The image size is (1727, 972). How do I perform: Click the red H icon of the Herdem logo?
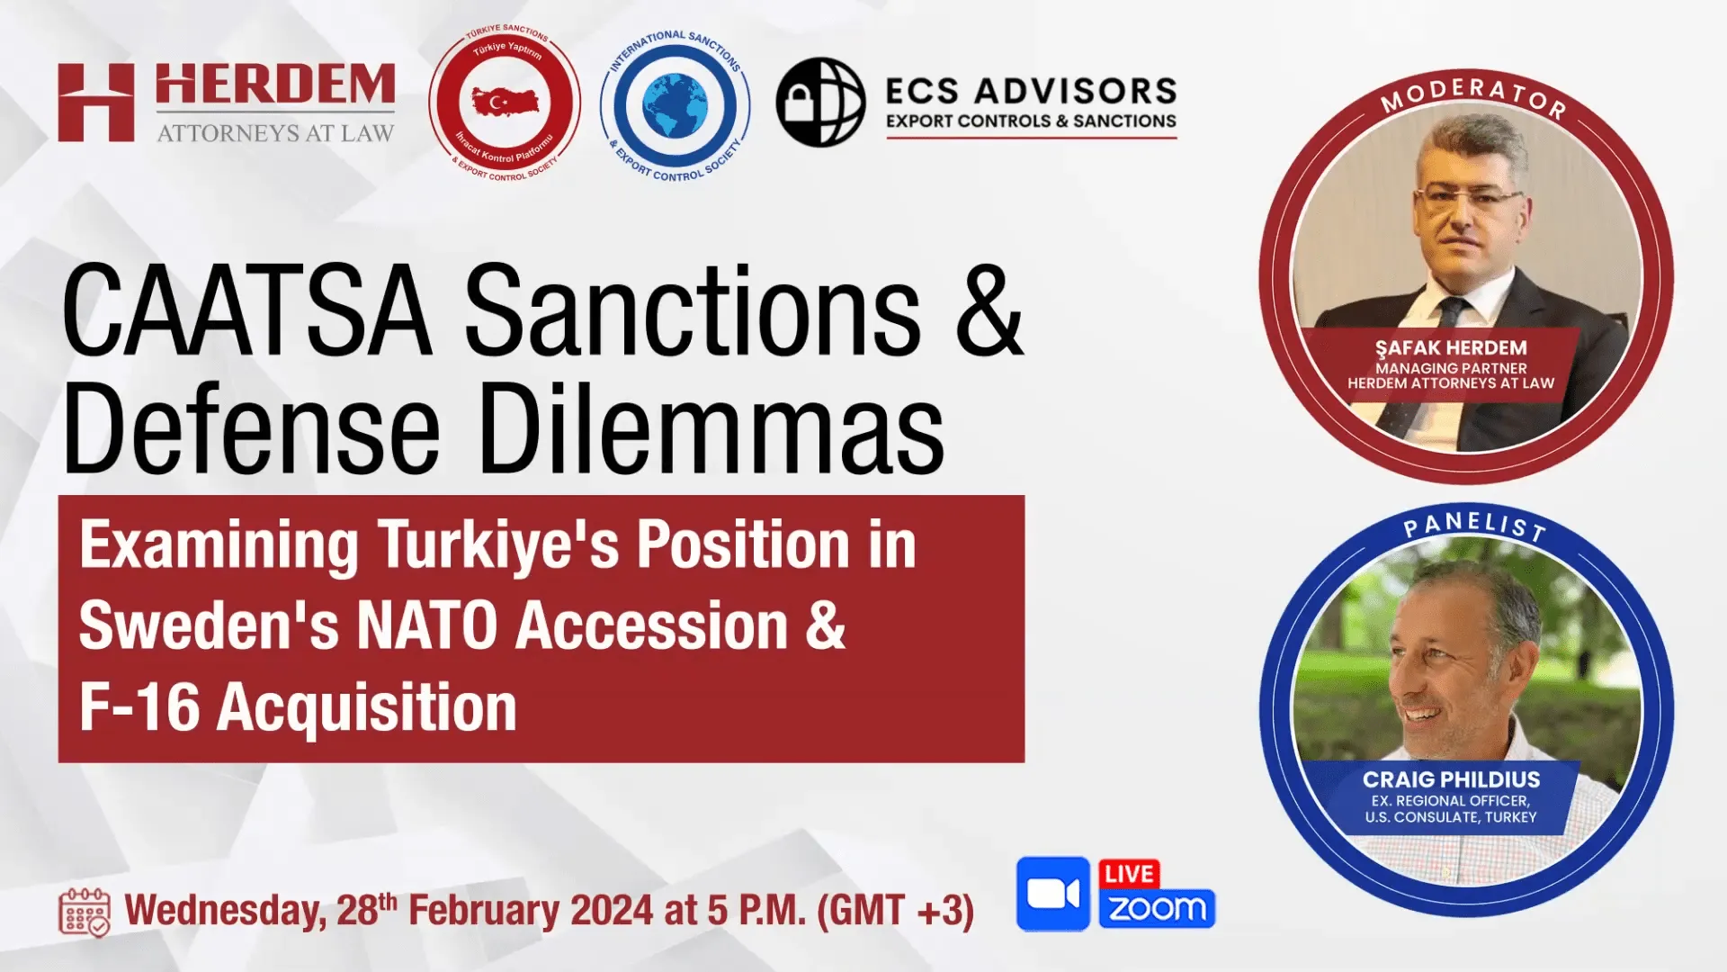[x=96, y=103]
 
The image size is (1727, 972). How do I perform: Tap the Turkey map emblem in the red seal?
[x=505, y=103]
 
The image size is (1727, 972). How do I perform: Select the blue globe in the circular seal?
[x=675, y=105]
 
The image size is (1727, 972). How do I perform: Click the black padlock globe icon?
[x=820, y=103]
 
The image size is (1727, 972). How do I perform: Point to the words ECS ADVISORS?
[x=1031, y=91]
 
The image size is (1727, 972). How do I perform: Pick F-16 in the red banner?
[x=139, y=707]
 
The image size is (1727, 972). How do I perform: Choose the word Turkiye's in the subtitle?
[x=498, y=546]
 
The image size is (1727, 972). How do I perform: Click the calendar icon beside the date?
[x=85, y=913]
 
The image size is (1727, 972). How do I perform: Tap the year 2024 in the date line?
[x=612, y=911]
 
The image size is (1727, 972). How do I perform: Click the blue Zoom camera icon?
[x=1052, y=894]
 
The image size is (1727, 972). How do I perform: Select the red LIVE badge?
[x=1129, y=874]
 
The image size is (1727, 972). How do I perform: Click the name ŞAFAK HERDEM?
[x=1450, y=347]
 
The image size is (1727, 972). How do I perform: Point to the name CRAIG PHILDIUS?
[x=1451, y=779]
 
